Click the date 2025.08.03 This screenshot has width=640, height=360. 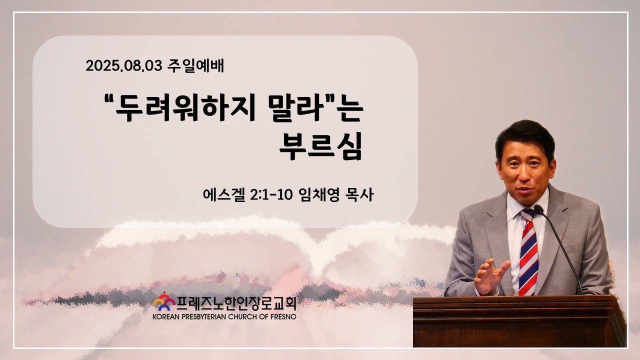click(x=124, y=66)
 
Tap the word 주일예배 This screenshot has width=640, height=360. click(x=195, y=65)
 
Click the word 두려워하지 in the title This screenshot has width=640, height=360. click(x=185, y=109)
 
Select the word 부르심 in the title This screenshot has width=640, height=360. click(x=321, y=146)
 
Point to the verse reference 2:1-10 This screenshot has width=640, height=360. click(x=271, y=195)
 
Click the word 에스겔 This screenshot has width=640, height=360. click(x=224, y=195)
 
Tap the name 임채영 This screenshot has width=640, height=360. click(x=318, y=195)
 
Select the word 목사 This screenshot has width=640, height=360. click(x=359, y=195)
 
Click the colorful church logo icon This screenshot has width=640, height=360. click(x=164, y=301)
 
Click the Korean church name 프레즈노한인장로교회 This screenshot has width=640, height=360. click(x=236, y=303)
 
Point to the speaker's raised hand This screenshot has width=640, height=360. click(x=491, y=276)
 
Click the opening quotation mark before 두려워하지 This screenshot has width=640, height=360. click(x=108, y=99)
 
